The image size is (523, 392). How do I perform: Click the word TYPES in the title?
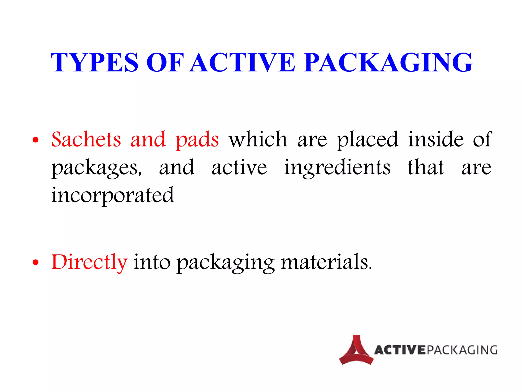click(x=94, y=63)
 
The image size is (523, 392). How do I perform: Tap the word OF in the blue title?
click(x=165, y=63)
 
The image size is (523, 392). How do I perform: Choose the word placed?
click(x=367, y=140)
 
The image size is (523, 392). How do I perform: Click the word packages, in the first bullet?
click(x=97, y=168)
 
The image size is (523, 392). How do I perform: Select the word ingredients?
click(x=337, y=168)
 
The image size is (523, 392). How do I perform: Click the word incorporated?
click(x=113, y=195)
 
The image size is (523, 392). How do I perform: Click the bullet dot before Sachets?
click(x=36, y=140)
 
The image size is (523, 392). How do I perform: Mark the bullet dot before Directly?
click(x=36, y=262)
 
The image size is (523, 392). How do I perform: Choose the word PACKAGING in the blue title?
click(x=388, y=63)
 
